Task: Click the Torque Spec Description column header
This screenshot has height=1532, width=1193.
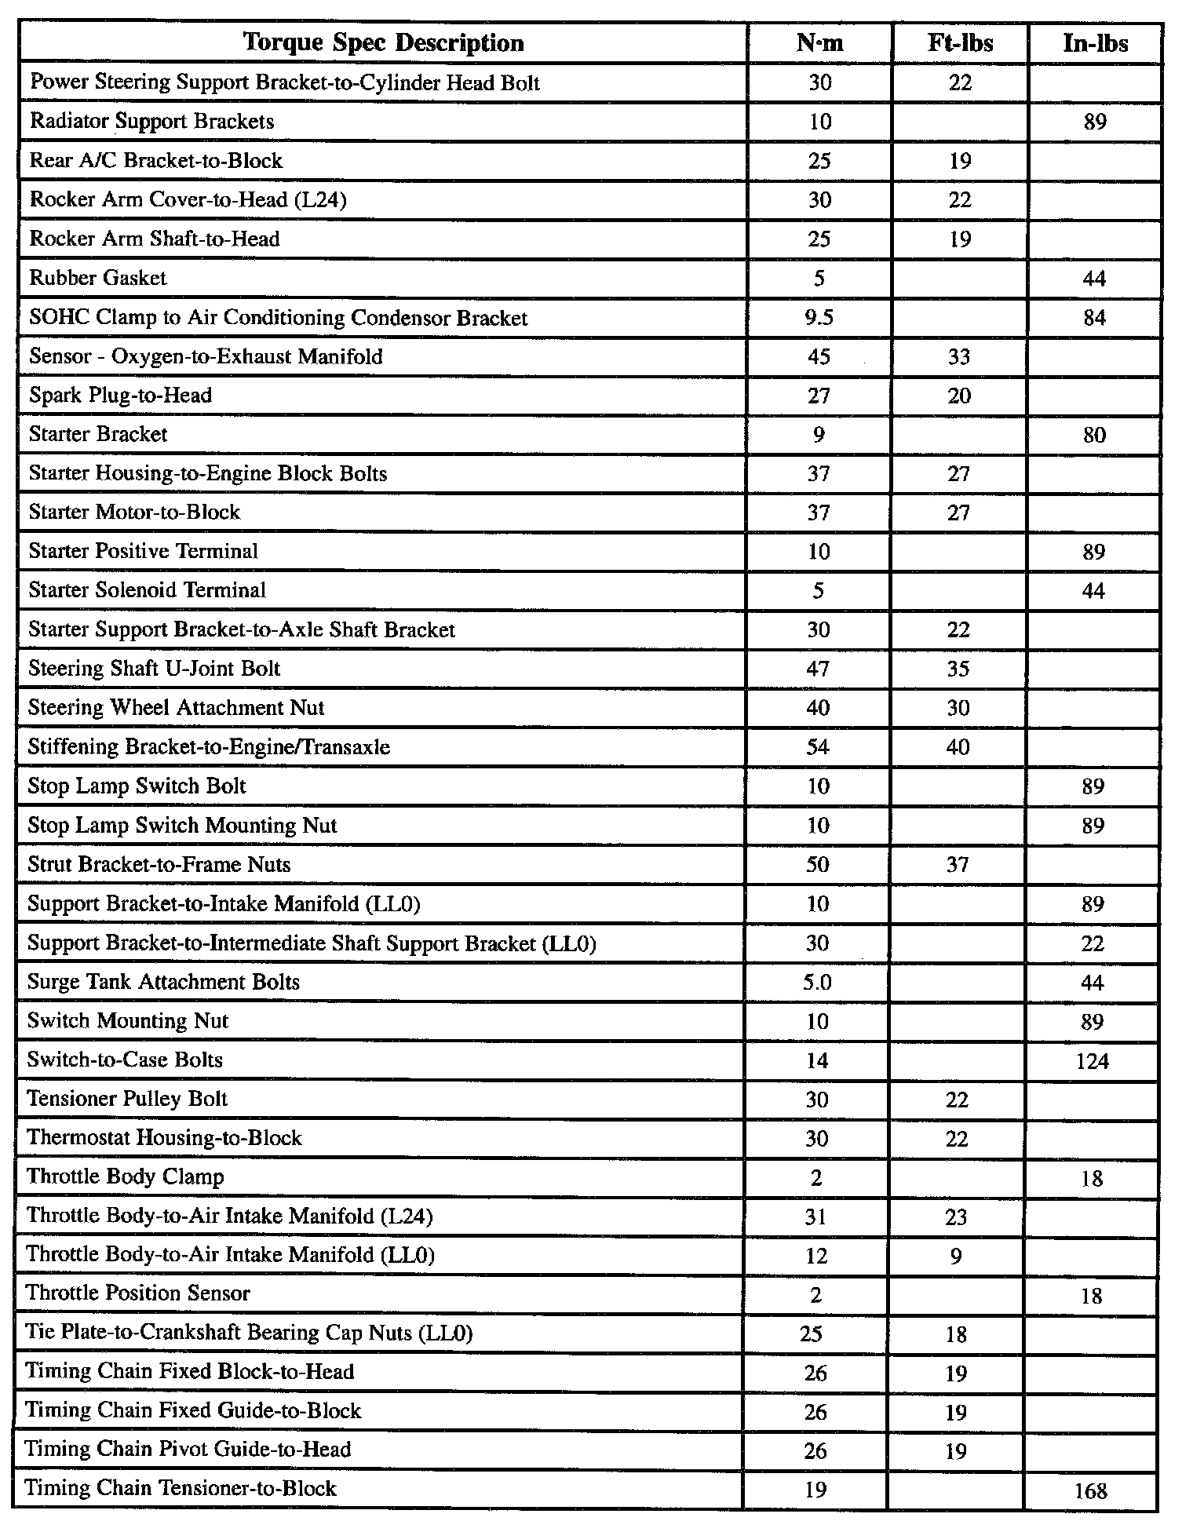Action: pyautogui.click(x=383, y=42)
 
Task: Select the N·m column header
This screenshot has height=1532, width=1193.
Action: pyautogui.click(x=819, y=42)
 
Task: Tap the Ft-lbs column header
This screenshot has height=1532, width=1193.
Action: pyautogui.click(x=960, y=42)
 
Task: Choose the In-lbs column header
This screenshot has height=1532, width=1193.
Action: pyautogui.click(x=1095, y=42)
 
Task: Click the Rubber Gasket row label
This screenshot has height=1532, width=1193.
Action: pyautogui.click(x=98, y=278)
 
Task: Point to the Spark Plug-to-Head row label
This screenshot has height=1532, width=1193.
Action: pyautogui.click(x=120, y=395)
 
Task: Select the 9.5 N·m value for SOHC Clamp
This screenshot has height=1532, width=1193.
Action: pyautogui.click(x=819, y=317)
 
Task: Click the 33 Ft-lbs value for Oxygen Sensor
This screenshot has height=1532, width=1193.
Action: pyautogui.click(x=959, y=356)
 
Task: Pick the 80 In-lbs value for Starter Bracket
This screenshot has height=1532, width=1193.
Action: pyautogui.click(x=1094, y=435)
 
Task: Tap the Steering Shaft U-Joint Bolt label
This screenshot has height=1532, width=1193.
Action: pyautogui.click(x=154, y=669)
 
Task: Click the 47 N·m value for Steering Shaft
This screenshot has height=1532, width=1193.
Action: pyautogui.click(x=818, y=669)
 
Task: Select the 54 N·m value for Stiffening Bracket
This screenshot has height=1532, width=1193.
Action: pyautogui.click(x=818, y=747)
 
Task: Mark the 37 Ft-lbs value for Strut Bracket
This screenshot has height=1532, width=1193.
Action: pyautogui.click(x=958, y=865)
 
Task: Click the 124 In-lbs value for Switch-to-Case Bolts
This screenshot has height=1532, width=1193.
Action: pyautogui.click(x=1093, y=1061)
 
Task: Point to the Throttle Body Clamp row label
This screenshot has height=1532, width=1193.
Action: pyautogui.click(x=126, y=1177)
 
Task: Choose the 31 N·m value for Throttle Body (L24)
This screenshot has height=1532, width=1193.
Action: pyautogui.click(x=816, y=1216)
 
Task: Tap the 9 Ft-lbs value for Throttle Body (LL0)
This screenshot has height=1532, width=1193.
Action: pyautogui.click(x=956, y=1256)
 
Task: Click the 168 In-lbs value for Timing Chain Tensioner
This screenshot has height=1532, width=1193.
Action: pyautogui.click(x=1091, y=1490)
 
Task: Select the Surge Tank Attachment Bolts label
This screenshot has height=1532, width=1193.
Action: pyautogui.click(x=163, y=982)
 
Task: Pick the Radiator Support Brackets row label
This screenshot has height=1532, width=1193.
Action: pyautogui.click(x=151, y=122)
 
